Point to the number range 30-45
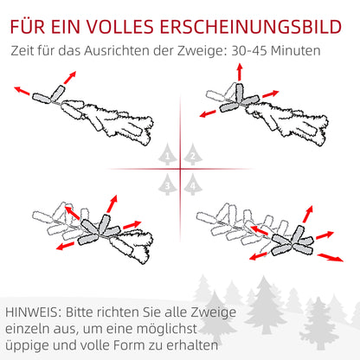(x=259, y=50)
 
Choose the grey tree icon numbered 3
(x=168, y=183)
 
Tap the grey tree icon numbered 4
(x=191, y=183)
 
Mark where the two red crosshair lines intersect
(x=180, y=168)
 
